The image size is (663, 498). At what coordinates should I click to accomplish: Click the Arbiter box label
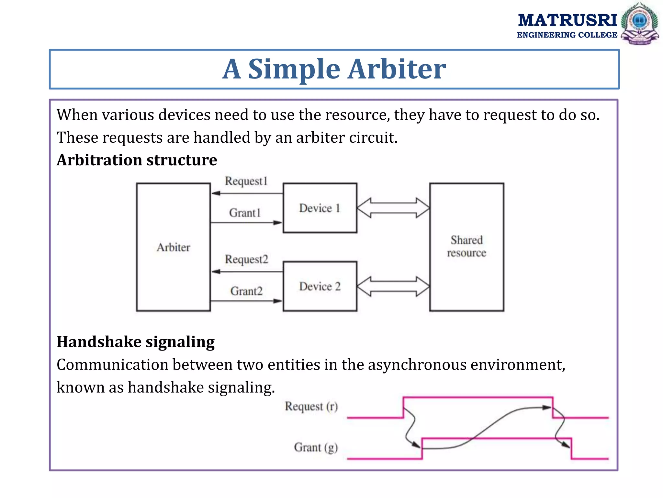[173, 247]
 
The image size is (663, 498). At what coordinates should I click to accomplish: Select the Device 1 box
[320, 208]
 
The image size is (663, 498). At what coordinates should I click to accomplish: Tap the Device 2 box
[320, 287]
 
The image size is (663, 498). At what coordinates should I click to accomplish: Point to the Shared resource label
[466, 246]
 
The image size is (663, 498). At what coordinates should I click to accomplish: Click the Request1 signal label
[246, 181]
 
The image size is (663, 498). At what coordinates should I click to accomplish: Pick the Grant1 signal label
[245, 213]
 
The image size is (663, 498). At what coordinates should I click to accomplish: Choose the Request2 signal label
[246, 259]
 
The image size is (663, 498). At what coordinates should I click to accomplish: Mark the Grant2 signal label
[246, 291]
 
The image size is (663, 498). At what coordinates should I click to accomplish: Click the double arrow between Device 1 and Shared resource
[393, 208]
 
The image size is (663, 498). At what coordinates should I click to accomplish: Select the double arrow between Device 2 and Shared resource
[393, 287]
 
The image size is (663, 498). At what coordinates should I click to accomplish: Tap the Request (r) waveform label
[311, 407]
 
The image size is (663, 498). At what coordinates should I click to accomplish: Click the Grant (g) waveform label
[316, 447]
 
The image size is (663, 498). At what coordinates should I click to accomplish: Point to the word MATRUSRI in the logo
[567, 20]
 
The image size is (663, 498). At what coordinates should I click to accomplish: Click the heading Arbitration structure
[137, 160]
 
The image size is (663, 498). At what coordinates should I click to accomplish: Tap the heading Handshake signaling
[135, 342]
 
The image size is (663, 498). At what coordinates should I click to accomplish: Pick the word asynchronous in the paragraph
[417, 365]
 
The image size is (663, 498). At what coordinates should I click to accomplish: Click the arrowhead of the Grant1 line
[277, 223]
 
